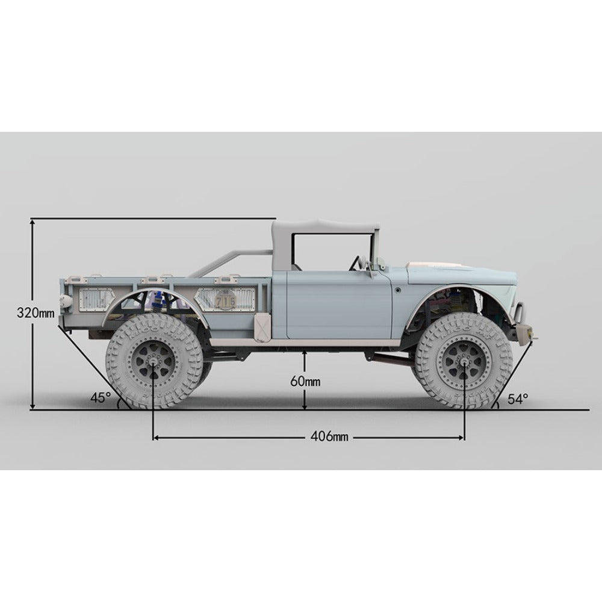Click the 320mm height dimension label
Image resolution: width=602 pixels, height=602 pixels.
pyautogui.click(x=36, y=312)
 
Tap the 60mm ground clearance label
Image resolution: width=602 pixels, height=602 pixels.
pyautogui.click(x=305, y=381)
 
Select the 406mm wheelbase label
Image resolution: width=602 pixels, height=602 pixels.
pyautogui.click(x=329, y=436)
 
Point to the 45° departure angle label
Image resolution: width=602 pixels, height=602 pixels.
pyautogui.click(x=100, y=397)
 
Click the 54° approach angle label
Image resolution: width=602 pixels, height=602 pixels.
pyautogui.click(x=518, y=399)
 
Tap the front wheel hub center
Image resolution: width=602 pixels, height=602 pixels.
pyautogui.click(x=464, y=362)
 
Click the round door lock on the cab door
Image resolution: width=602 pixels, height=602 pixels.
pyautogui.click(x=398, y=290)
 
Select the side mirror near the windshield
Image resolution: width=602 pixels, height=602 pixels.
pyautogui.click(x=381, y=262)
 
